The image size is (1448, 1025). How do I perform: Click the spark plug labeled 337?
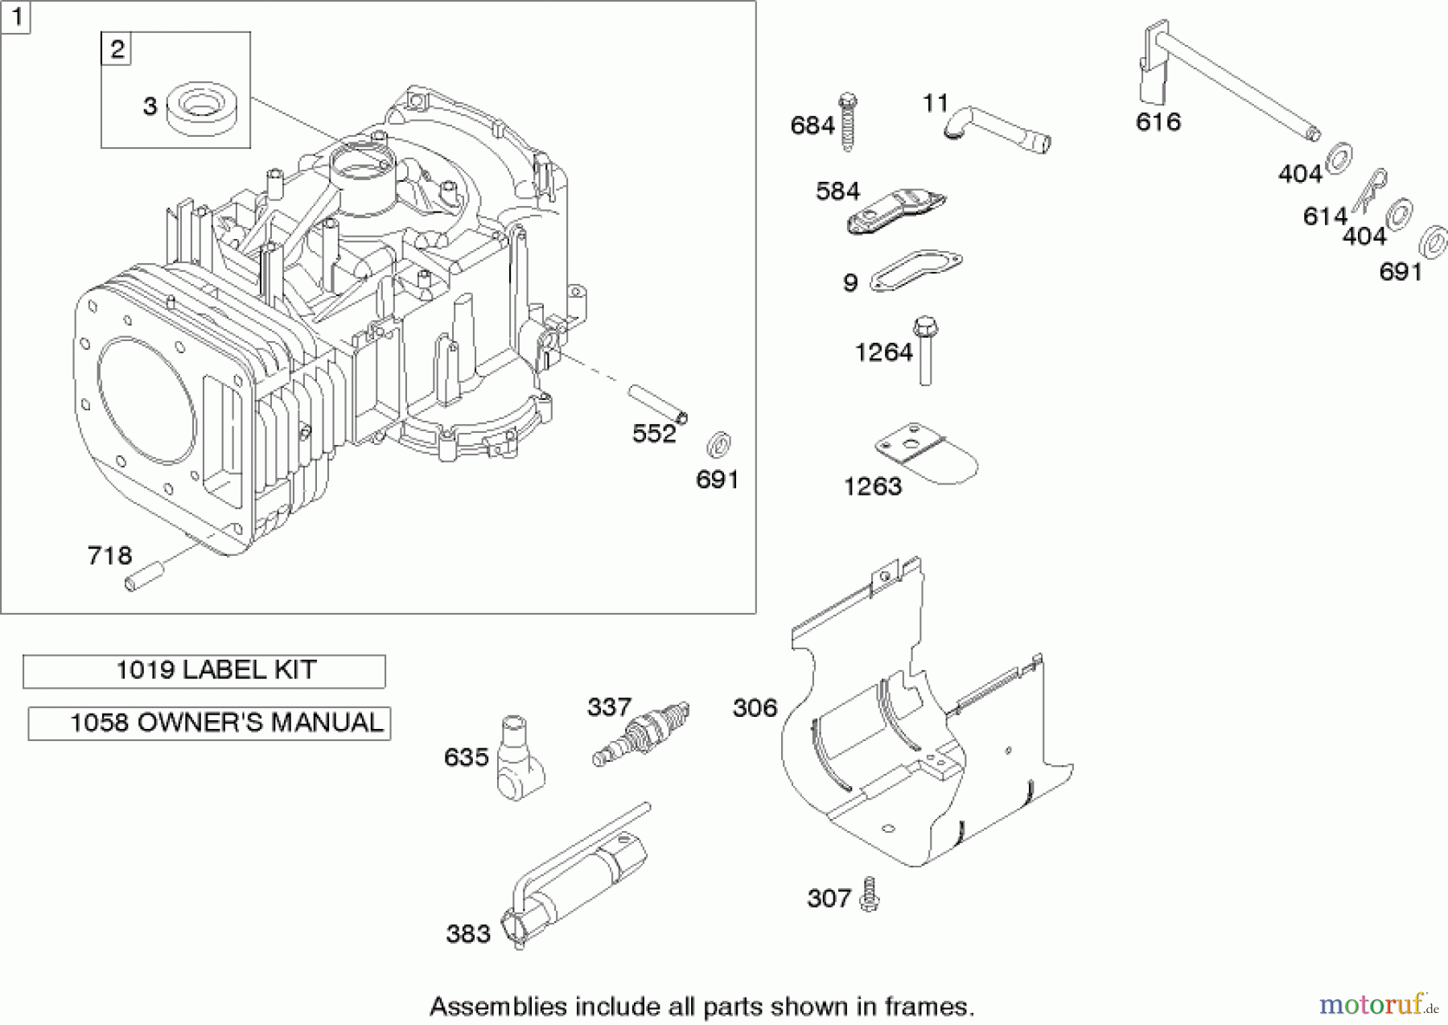click(x=641, y=732)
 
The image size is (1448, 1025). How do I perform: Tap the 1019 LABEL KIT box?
click(x=204, y=671)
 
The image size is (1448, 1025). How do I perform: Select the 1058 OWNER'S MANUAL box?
click(x=209, y=723)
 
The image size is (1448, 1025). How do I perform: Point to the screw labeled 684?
click(x=848, y=123)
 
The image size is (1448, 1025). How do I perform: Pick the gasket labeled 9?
click(x=916, y=269)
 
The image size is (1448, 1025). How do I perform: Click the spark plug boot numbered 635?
click(x=518, y=757)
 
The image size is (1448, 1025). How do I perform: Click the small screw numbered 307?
click(x=868, y=895)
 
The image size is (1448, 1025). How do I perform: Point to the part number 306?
click(x=755, y=708)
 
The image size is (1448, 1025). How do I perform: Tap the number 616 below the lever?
click(x=1158, y=122)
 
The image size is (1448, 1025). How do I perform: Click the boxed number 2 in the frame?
click(x=117, y=49)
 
